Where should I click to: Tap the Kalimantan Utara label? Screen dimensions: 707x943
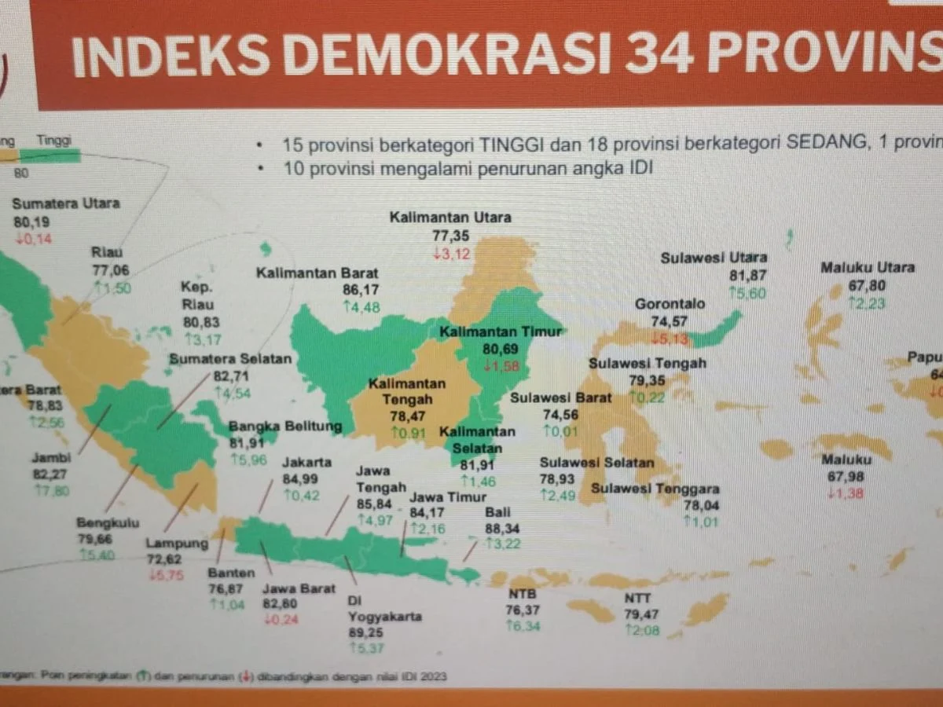[450, 217]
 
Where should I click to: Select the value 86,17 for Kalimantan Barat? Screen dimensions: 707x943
[361, 290]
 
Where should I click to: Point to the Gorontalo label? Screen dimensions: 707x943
[670, 303]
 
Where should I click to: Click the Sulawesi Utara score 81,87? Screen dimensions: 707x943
[747, 275]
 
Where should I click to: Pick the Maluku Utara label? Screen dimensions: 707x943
[868, 268]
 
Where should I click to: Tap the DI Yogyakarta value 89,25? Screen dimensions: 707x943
[366, 633]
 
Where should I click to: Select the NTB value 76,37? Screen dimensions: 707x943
[523, 610]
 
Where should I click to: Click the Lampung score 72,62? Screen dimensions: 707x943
[163, 559]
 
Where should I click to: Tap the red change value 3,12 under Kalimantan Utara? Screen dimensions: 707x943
[455, 252]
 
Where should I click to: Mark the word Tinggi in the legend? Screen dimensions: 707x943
[54, 141]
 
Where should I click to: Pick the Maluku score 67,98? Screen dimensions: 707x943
[845, 476]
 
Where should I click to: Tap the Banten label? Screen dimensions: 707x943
[226, 573]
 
